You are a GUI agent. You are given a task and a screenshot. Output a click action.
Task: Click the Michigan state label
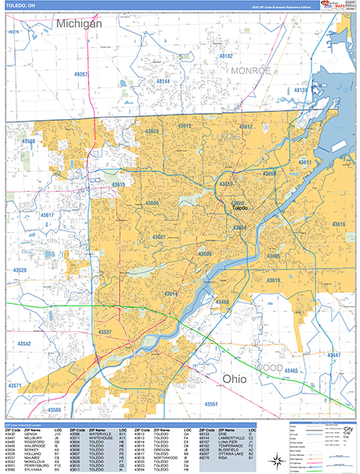tap(79, 24)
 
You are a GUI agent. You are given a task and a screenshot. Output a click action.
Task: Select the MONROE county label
tap(251, 70)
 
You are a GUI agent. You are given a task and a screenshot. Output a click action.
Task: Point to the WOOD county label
tap(269, 368)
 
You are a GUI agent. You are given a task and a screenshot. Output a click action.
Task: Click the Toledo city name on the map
tap(239, 208)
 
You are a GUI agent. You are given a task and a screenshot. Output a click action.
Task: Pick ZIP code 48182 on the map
tap(226, 56)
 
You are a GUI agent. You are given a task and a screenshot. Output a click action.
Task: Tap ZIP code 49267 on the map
tap(81, 73)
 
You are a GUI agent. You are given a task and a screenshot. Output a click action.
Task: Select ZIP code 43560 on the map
tap(28, 141)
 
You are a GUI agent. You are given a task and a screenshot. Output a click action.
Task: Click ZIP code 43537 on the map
tap(104, 331)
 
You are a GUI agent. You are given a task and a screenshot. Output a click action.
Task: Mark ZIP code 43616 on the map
tap(339, 224)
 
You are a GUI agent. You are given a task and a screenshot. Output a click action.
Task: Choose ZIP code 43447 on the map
tap(335, 355)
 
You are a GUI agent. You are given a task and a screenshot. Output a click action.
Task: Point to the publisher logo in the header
tap(336, 6)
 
